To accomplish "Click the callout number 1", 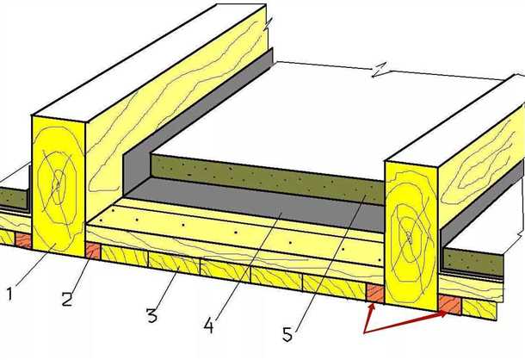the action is (x=9, y=294).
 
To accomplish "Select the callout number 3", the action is (x=151, y=315).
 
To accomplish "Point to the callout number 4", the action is (x=208, y=326).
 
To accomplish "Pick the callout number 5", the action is (x=287, y=334).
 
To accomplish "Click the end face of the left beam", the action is (x=59, y=186).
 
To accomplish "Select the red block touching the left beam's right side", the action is (x=93, y=251).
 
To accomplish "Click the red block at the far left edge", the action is (x=23, y=240).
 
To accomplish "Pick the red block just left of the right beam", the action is (x=375, y=293).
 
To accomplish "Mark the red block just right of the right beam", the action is (x=450, y=305).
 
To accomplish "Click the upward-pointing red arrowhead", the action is (x=371, y=309).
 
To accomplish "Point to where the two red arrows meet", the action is (x=365, y=332).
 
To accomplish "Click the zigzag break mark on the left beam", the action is (x=268, y=25).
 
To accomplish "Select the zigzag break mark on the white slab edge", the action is (x=380, y=70).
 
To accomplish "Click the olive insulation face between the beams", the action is (x=268, y=180).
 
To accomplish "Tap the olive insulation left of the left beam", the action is (x=14, y=198).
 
